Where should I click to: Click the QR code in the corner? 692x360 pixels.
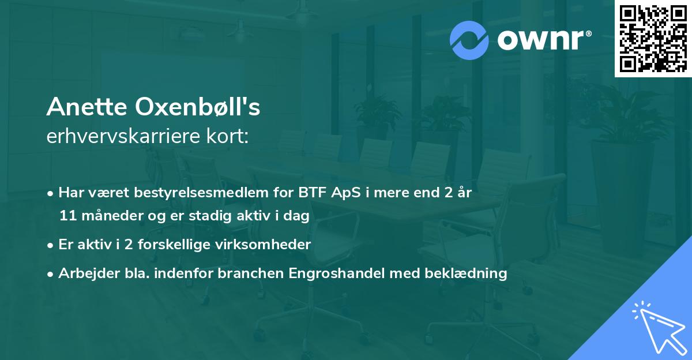653,39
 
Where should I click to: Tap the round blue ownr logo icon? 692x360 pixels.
469,40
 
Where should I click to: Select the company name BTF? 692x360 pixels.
309,193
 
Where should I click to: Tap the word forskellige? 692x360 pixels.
176,245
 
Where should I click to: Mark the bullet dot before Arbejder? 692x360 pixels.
51,274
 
